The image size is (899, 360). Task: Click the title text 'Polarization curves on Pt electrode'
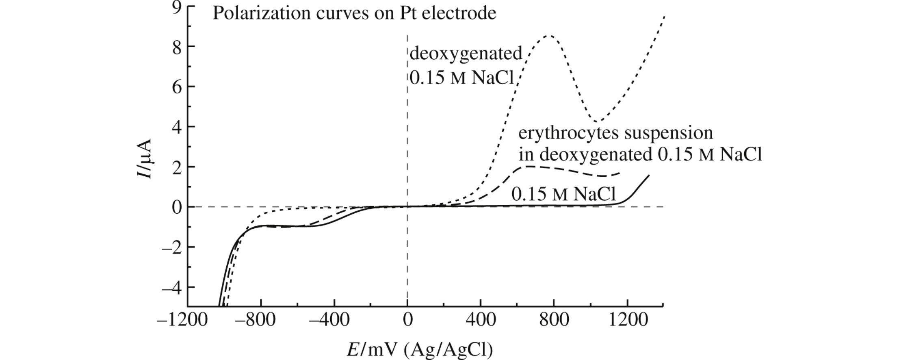click(354, 13)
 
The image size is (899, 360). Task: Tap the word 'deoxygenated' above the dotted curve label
click(466, 54)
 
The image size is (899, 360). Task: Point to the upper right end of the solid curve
click(649, 175)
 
